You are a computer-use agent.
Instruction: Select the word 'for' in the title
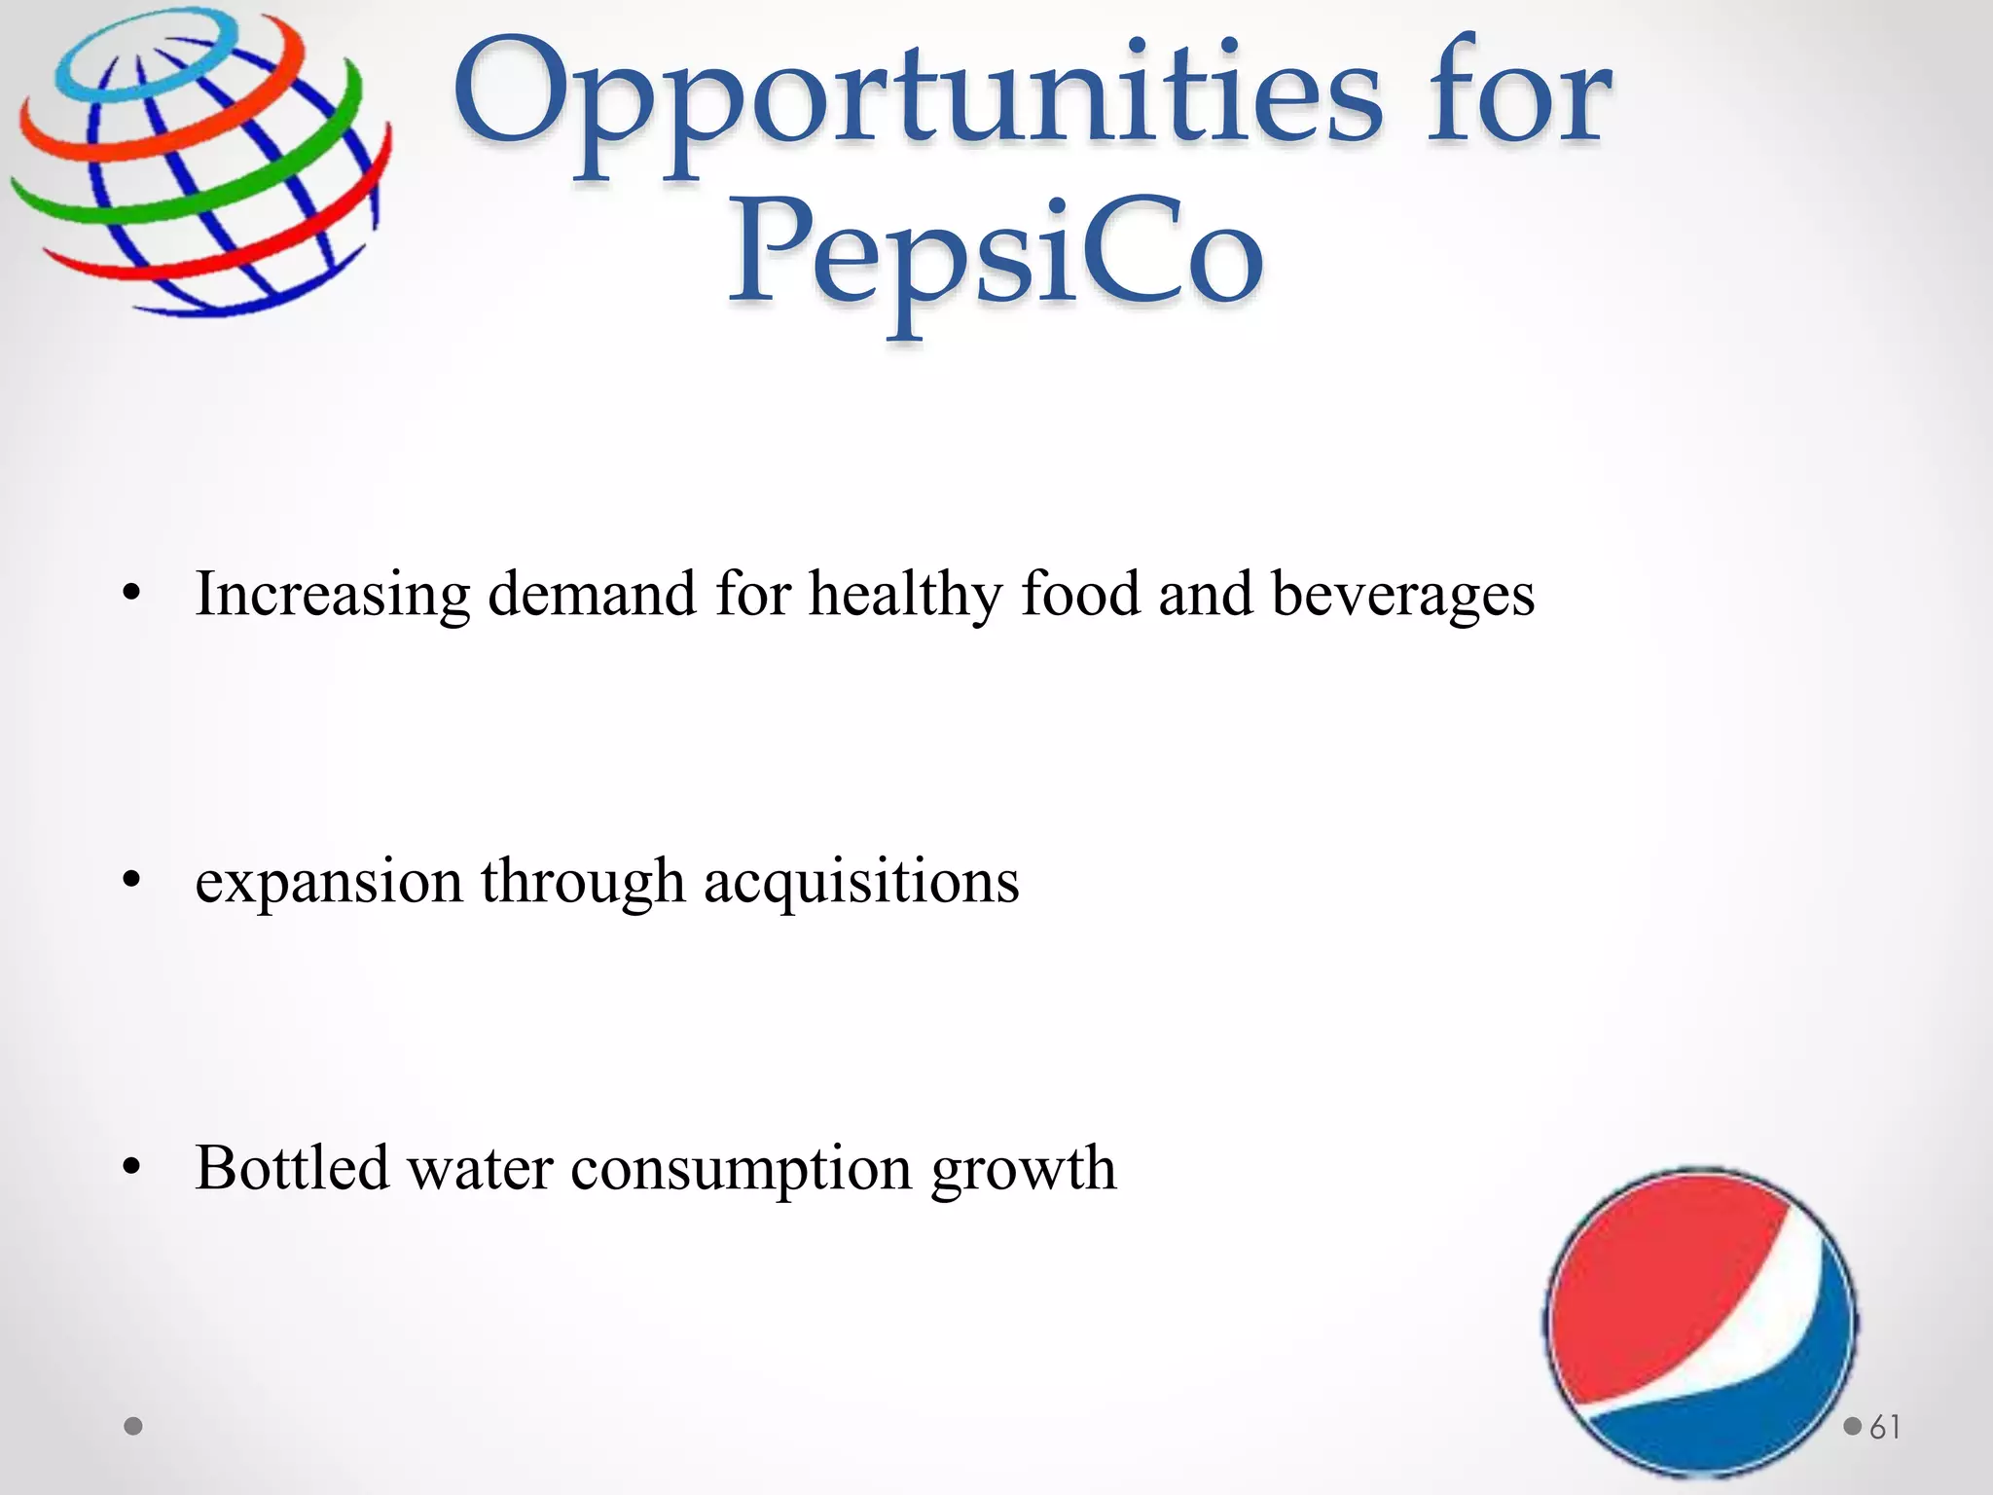tap(1518, 97)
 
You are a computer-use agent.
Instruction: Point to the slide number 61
tap(1885, 1427)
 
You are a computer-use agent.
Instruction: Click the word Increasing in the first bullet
tap(332, 594)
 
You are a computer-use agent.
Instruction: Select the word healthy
tap(904, 594)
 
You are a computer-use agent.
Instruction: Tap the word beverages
tap(1402, 594)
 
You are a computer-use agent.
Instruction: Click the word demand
tap(592, 594)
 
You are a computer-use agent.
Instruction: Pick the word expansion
tap(328, 882)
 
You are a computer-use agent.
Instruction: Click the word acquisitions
tap(861, 882)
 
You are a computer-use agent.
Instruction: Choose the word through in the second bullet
tap(582, 882)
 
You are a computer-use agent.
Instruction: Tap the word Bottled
tap(291, 1167)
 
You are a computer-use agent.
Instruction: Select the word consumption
tap(741, 1169)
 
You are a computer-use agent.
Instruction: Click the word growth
tap(1023, 1169)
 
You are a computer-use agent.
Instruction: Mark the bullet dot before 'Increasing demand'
tap(132, 593)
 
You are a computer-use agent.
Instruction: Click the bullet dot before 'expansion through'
tap(132, 880)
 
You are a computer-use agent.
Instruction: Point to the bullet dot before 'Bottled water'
tap(132, 1167)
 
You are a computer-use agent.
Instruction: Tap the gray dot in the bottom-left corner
tap(134, 1427)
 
